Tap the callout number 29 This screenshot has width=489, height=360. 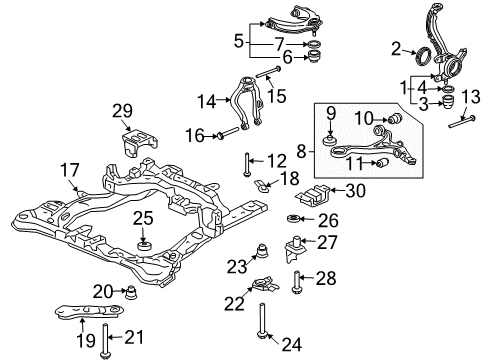(122, 109)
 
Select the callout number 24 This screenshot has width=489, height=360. (291, 345)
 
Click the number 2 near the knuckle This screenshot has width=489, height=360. (396, 47)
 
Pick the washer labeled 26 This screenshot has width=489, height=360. (297, 219)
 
